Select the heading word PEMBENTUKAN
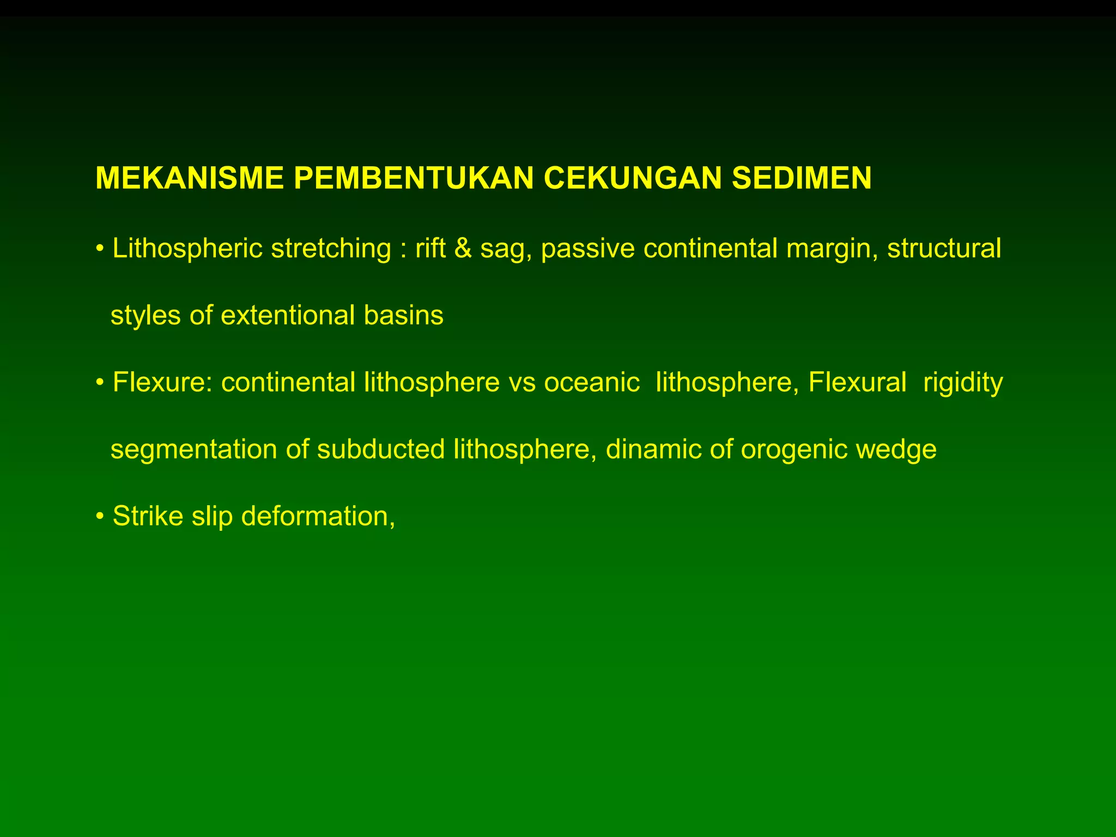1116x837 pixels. click(414, 178)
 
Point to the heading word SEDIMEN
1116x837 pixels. click(802, 178)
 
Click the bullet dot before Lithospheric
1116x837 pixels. click(99, 249)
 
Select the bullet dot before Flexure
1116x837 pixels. click(99, 383)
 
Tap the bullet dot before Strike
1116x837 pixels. click(99, 516)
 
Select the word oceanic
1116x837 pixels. click(592, 383)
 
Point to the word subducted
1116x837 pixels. click(381, 450)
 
